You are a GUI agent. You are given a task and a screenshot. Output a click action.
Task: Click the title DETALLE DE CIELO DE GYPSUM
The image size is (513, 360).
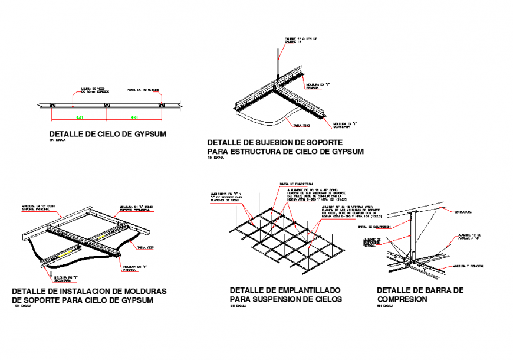click(108, 134)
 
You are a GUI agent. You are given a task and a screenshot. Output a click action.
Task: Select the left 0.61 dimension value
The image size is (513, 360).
click(79, 117)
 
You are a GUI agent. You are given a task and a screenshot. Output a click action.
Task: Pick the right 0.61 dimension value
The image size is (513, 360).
click(134, 117)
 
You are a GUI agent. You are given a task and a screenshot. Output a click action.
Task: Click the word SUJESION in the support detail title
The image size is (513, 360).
click(265, 143)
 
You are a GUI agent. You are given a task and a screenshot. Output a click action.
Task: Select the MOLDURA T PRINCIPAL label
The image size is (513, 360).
click(468, 267)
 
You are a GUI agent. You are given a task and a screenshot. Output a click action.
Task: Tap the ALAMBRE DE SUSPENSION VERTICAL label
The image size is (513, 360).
click(370, 243)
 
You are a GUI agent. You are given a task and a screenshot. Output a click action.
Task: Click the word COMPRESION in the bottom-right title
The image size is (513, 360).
click(402, 299)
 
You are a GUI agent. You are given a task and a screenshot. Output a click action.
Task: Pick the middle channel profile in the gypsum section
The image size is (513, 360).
click(107, 106)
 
